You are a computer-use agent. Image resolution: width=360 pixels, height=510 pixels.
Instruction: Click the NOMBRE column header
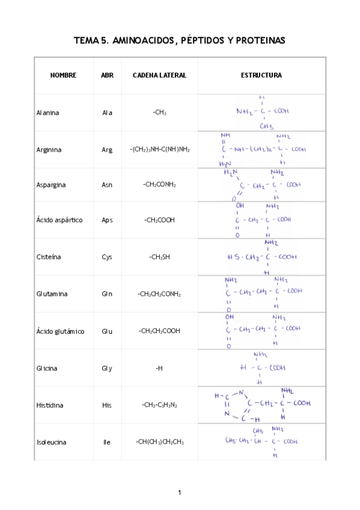pyautogui.click(x=63, y=75)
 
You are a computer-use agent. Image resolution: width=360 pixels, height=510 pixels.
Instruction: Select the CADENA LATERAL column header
pyautogui.click(x=159, y=75)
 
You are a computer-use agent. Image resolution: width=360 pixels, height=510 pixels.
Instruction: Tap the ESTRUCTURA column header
pyautogui.click(x=261, y=75)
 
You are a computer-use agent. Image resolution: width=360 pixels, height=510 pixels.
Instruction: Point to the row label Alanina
pyautogui.click(x=48, y=112)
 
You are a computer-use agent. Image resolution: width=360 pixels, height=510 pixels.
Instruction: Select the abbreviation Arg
pyautogui.click(x=107, y=150)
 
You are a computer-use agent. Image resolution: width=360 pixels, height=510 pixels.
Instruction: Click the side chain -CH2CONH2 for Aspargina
pyautogui.click(x=159, y=185)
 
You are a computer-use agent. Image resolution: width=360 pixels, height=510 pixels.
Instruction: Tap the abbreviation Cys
pyautogui.click(x=107, y=257)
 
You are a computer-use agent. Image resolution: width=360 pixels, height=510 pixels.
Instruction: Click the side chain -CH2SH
pyautogui.click(x=159, y=257)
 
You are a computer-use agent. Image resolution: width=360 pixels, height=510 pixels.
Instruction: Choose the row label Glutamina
pyautogui.click(x=52, y=294)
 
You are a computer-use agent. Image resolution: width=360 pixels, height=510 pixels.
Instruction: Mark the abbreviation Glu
pyautogui.click(x=107, y=331)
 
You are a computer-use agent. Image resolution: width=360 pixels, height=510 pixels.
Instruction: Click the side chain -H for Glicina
pyautogui.click(x=159, y=368)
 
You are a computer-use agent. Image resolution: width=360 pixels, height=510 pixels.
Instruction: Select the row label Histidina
pyautogui.click(x=50, y=405)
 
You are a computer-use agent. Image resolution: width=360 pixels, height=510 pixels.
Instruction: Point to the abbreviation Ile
pyautogui.click(x=107, y=442)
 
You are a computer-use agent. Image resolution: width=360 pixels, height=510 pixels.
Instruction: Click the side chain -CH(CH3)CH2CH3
pyautogui.click(x=159, y=442)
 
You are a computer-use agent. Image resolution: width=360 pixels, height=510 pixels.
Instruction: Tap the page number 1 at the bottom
pyautogui.click(x=180, y=493)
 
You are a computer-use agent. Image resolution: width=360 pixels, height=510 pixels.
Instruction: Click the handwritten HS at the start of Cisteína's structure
pyautogui.click(x=233, y=257)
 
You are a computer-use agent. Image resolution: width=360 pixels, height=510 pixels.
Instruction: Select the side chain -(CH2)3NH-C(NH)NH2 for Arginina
pyautogui.click(x=159, y=150)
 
